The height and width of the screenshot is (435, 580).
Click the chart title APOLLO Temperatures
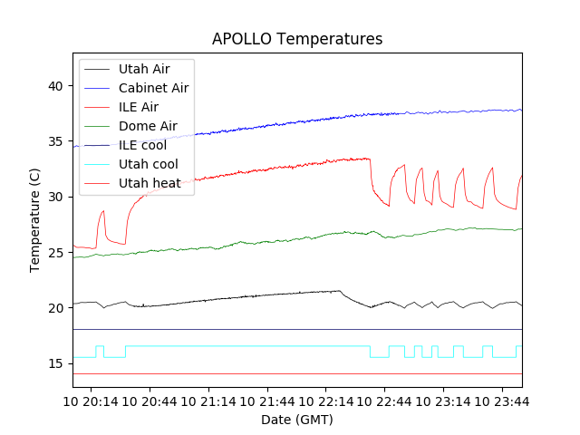pos(297,39)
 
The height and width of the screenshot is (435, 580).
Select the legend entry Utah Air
pos(143,69)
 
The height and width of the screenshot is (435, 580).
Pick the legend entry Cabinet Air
pos(153,88)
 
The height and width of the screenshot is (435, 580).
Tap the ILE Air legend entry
pos(139,107)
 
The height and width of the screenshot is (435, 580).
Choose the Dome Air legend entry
pos(148,126)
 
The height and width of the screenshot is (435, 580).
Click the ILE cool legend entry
pos(142,145)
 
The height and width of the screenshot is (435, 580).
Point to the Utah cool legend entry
pos(148,164)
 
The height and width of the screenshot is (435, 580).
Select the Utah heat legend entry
pos(147,183)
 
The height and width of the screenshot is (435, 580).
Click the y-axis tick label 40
pos(57,86)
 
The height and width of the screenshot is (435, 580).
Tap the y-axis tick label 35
pos(57,141)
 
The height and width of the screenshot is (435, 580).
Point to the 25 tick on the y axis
pos(57,252)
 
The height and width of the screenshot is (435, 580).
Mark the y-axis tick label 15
pos(57,363)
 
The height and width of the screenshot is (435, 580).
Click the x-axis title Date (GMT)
pos(297,420)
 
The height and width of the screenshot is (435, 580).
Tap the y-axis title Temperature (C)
pos(35,221)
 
